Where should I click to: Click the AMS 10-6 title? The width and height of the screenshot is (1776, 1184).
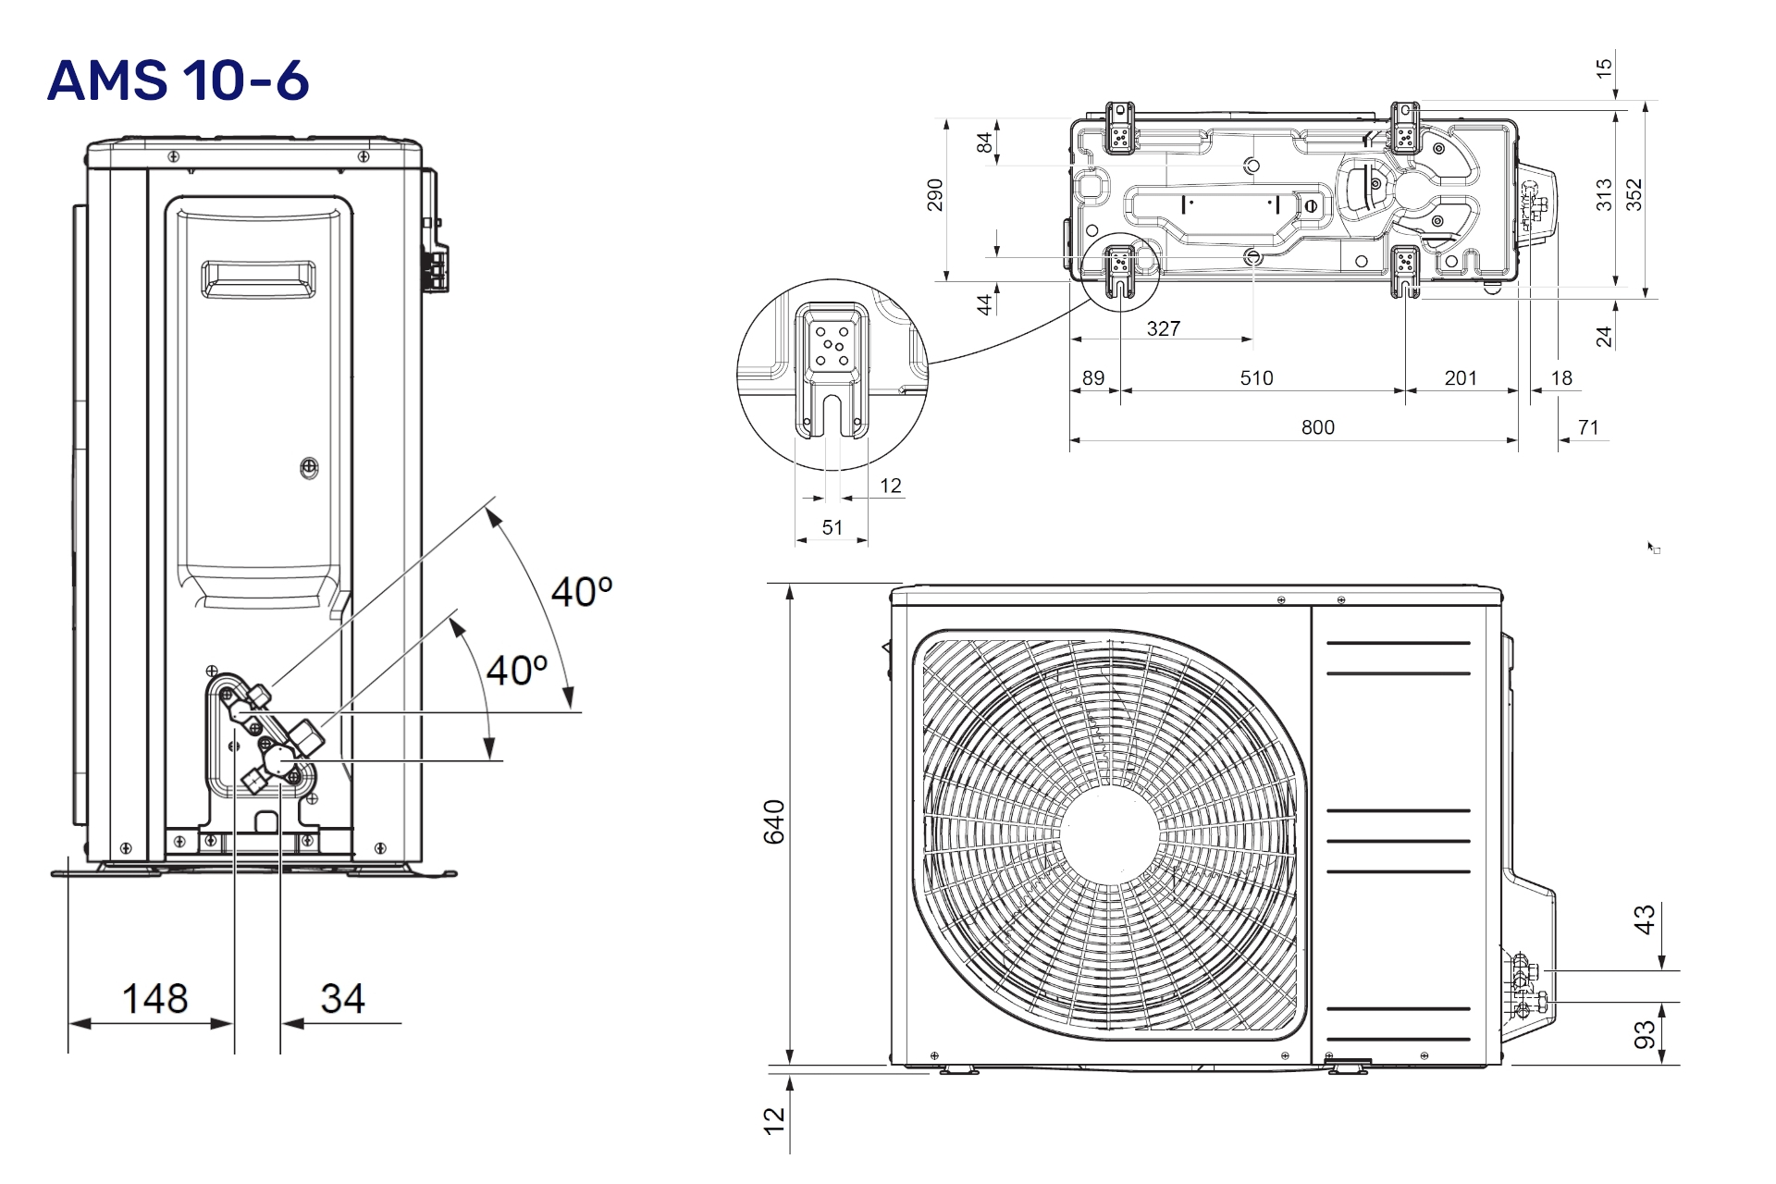click(178, 80)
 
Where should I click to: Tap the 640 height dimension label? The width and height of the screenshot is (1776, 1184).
click(774, 821)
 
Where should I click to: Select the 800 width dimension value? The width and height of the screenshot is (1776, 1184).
click(1317, 427)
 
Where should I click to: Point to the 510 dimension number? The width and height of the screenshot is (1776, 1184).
click(1256, 378)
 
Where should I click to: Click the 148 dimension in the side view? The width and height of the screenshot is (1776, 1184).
click(154, 999)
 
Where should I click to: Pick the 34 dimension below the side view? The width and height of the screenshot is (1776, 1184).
click(342, 999)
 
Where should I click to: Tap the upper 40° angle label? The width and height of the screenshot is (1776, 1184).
click(582, 592)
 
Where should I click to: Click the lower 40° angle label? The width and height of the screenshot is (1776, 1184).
click(517, 671)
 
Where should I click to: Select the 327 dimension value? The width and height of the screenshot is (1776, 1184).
click(1163, 328)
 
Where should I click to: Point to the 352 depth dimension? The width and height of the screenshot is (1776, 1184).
click(1634, 195)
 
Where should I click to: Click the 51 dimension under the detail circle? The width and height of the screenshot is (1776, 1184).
click(832, 527)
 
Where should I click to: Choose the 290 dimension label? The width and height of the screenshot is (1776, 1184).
click(935, 195)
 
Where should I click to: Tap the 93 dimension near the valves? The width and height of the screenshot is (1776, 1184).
click(1645, 1035)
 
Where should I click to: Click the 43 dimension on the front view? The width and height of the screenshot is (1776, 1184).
click(1645, 919)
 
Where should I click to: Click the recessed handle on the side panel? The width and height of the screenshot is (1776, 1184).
click(259, 279)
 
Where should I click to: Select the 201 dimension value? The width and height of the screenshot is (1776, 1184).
click(1461, 378)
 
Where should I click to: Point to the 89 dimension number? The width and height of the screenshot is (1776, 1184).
click(1093, 378)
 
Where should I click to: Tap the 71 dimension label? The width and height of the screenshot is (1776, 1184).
click(1588, 427)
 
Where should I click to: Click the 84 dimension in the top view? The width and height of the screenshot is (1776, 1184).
click(985, 142)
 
